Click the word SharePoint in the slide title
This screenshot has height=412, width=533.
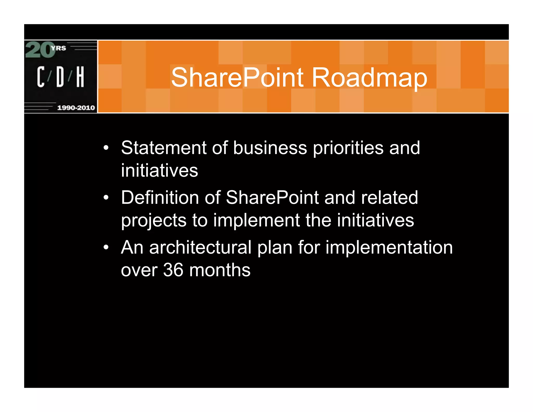pos(237,77)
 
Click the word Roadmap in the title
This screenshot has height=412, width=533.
pos(369,77)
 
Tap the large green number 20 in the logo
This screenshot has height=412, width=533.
pos(40,50)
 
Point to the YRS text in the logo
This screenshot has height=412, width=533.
pos(59,48)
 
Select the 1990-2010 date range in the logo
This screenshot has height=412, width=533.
pos(76,108)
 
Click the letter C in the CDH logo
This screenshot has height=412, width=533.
pos(41,77)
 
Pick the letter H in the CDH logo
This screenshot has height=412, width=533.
pos(80,77)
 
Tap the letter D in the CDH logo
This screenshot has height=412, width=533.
pos(60,77)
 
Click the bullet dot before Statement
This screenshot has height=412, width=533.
pos(106,148)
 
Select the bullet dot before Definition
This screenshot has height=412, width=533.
pos(106,197)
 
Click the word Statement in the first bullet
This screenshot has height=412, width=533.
pos(164,148)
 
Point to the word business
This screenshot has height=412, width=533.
pos(270,148)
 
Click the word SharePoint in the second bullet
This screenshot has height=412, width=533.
pos(272,197)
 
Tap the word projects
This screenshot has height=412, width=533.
pos(154,221)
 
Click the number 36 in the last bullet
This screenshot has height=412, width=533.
pos(173,270)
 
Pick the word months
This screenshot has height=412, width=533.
pos(220,270)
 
